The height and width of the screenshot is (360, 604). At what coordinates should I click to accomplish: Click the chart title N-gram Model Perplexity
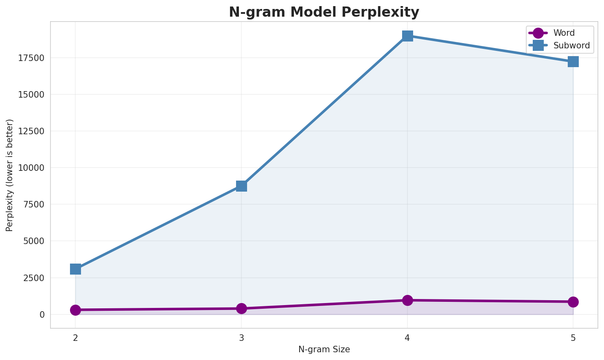pos(324,12)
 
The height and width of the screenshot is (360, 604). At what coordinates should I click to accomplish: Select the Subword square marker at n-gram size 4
pos(407,36)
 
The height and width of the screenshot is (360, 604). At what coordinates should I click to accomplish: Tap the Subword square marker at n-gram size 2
pos(75,269)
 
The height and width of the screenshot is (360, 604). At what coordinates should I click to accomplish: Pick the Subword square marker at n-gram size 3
pos(241,186)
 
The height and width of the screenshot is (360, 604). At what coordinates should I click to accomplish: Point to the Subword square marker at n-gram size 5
pos(573,61)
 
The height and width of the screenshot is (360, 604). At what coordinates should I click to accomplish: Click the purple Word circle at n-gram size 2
pos(75,310)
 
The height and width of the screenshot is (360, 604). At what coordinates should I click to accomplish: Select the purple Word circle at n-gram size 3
pos(241,308)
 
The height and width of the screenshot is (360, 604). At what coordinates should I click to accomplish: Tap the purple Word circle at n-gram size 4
pos(407,300)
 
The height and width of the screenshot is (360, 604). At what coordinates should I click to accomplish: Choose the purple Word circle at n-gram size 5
pos(573,302)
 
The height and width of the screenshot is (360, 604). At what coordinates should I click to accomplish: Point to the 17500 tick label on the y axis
pos(31,58)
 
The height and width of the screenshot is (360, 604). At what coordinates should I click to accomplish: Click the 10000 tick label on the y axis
pos(31,168)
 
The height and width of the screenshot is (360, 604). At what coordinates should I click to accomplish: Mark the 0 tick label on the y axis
pos(42,314)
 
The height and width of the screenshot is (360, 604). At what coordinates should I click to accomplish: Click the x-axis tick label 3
pos(241,338)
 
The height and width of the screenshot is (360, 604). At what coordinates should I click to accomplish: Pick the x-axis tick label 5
pos(573,338)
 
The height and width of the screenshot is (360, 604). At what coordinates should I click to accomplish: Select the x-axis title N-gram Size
pos(324,349)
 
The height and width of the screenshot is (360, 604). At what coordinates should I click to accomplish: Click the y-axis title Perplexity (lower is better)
pos(10,175)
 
